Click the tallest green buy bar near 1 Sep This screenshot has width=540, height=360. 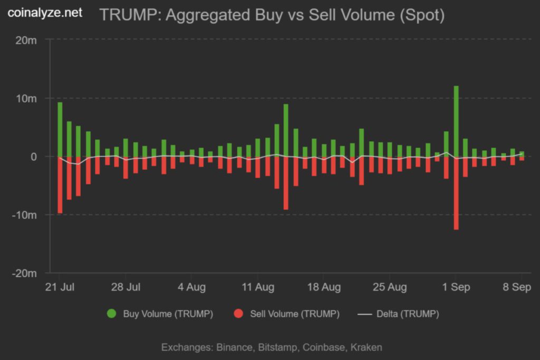coord(456,121)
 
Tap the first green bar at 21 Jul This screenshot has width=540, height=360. coord(60,129)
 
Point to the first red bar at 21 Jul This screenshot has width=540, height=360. coord(60,184)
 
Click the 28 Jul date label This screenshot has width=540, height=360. coord(126,287)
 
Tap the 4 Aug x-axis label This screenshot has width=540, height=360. coord(191,287)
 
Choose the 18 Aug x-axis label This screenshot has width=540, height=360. coord(323,287)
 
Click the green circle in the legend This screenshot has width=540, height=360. coord(111,314)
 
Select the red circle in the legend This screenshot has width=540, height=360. coord(238,314)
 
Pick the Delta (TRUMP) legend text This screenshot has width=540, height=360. coord(407,314)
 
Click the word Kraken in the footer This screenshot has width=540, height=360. coord(366,347)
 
